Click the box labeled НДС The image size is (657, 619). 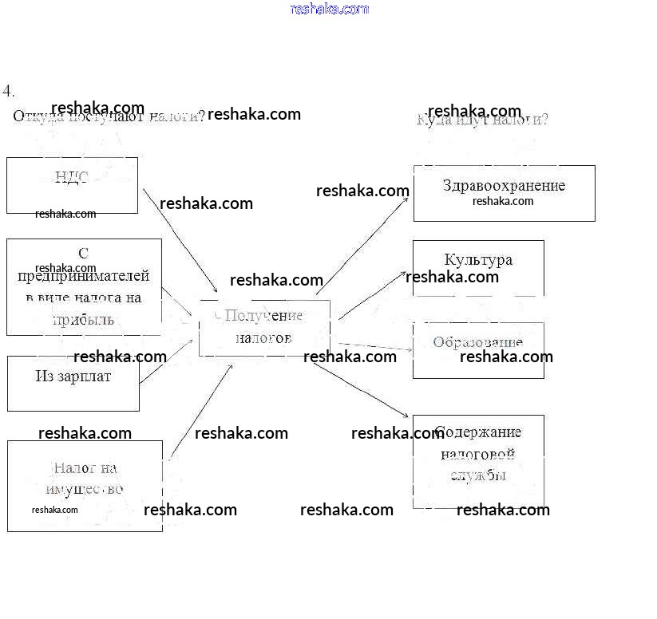pyautogui.click(x=72, y=185)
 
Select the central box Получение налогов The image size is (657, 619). pyautogui.click(x=264, y=327)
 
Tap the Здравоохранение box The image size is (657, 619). pyautogui.click(x=504, y=193)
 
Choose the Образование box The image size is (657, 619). pyautogui.click(x=478, y=350)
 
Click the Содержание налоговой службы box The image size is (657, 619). pyautogui.click(x=478, y=461)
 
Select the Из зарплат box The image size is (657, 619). pyautogui.click(x=73, y=383)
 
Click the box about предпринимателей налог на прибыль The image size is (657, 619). pyautogui.click(x=84, y=286)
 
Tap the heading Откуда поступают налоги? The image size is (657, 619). pyautogui.click(x=109, y=116)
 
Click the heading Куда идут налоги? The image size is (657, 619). pyautogui.click(x=482, y=120)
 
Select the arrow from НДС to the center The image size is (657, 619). pyautogui.click(x=180, y=240)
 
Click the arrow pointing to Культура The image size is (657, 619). pyautogui.click(x=373, y=295)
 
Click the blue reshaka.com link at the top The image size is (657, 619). pyautogui.click(x=330, y=9)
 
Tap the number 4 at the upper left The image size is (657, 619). pyautogui.click(x=9, y=90)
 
